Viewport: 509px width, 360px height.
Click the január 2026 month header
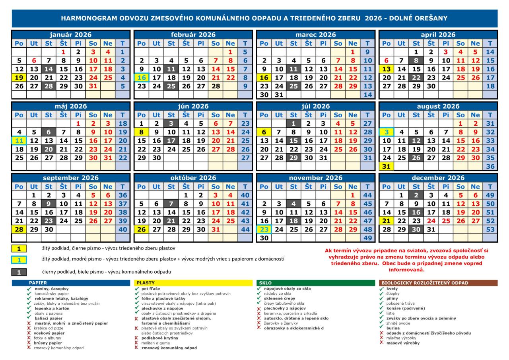click(71, 35)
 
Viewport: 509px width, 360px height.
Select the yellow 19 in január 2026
click(19, 78)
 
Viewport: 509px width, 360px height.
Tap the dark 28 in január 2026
click(49, 86)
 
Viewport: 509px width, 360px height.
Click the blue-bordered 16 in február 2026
click(142, 78)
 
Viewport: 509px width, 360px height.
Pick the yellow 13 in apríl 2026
click(386, 69)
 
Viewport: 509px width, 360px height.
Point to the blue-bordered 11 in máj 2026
click(19, 140)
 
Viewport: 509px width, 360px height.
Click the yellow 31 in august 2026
click(386, 166)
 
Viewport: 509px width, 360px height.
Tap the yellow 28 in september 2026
click(19, 229)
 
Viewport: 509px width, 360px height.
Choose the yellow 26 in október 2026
click(142, 229)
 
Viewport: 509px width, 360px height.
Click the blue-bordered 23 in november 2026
click(264, 229)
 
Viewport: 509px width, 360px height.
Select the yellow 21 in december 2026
click(386, 221)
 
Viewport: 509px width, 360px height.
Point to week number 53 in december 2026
click(490, 229)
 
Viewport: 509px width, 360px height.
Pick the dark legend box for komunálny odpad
click(19, 272)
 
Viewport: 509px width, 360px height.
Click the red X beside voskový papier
click(29, 333)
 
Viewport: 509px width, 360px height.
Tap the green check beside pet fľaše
click(137, 289)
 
